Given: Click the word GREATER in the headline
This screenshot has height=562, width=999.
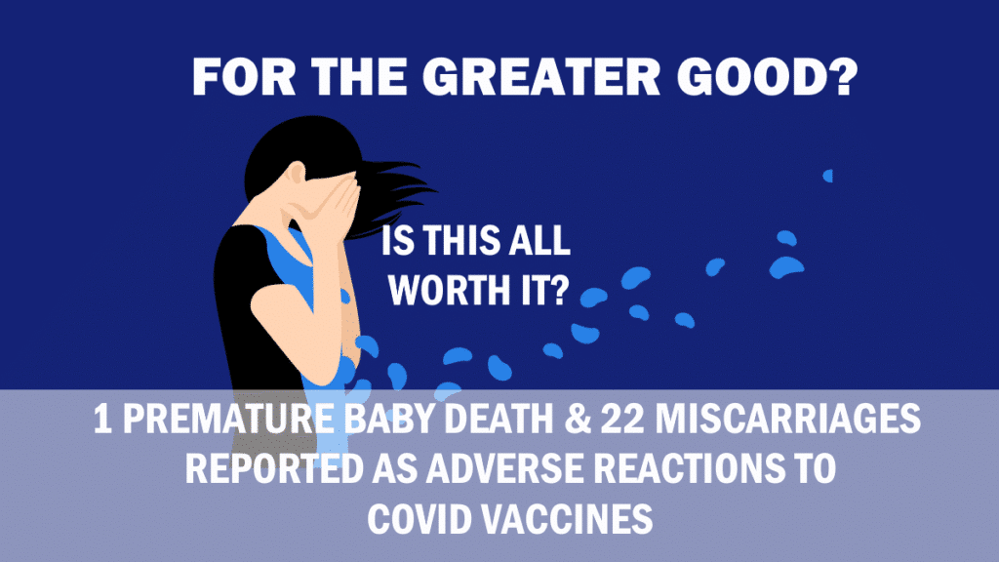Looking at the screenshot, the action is coord(540,78).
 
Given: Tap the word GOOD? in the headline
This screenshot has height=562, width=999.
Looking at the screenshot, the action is coord(768,78).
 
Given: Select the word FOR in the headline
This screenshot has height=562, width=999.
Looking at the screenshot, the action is coord(244,78).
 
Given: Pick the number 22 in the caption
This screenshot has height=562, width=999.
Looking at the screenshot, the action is coord(622,420).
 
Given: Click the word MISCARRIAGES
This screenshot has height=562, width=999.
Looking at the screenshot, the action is coord(787,420).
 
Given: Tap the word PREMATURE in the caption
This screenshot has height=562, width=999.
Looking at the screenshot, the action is coord(227,420).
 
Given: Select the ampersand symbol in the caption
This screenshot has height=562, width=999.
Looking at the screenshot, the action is coord(578,420).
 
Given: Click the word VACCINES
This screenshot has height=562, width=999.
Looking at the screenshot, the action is coord(567,519).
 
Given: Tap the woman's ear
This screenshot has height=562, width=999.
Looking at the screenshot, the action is coord(296,173).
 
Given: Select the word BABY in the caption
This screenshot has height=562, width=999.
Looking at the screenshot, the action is coord(388,420).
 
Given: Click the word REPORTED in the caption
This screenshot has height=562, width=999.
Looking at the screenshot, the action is coord(274,469).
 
